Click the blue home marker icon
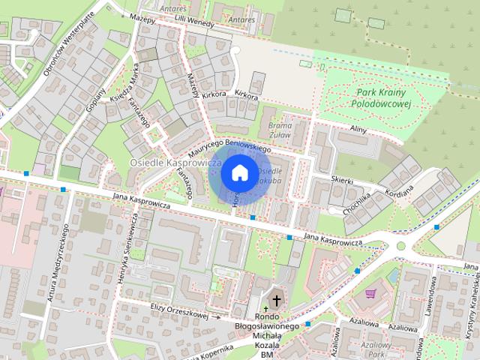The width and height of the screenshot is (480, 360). pyautogui.click(x=239, y=172)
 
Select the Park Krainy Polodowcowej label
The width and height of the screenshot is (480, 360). pyautogui.click(x=382, y=98)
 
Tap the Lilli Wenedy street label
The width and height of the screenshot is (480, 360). pyautogui.click(x=193, y=20)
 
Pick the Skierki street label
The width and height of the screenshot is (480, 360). pyautogui.click(x=342, y=180)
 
